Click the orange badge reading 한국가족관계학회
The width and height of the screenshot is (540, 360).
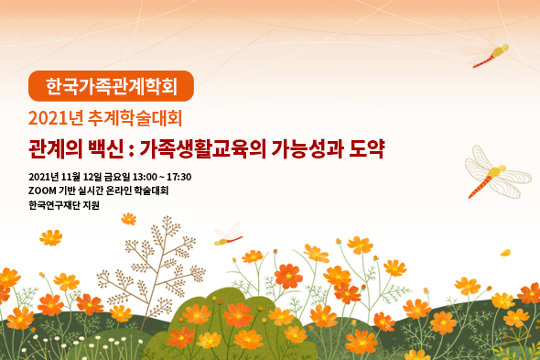click(112, 86)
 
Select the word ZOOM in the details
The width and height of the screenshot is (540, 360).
click(42, 191)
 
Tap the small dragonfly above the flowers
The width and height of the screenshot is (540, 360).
click(227, 235)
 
